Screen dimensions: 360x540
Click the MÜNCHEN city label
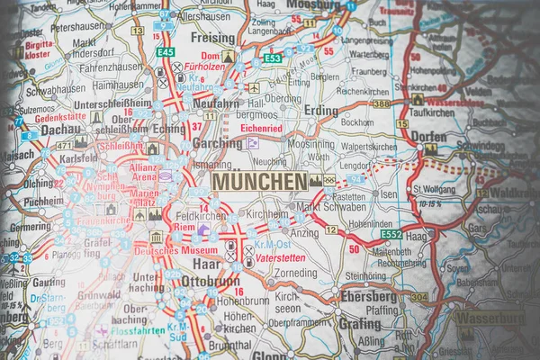[259, 181]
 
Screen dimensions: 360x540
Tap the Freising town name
[212, 40]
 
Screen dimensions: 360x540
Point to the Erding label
[321, 111]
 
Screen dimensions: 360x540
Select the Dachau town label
[37, 130]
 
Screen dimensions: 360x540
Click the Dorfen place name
[429, 135]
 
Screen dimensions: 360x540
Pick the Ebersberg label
[368, 296]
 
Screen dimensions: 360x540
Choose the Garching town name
[217, 143]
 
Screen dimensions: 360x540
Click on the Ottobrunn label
[211, 281]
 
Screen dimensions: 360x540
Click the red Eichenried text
[262, 129]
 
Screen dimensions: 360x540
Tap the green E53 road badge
[273, 58]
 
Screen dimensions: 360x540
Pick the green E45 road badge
[165, 52]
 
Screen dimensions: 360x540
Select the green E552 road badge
[391, 234]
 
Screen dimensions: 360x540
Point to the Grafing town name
[360, 323]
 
